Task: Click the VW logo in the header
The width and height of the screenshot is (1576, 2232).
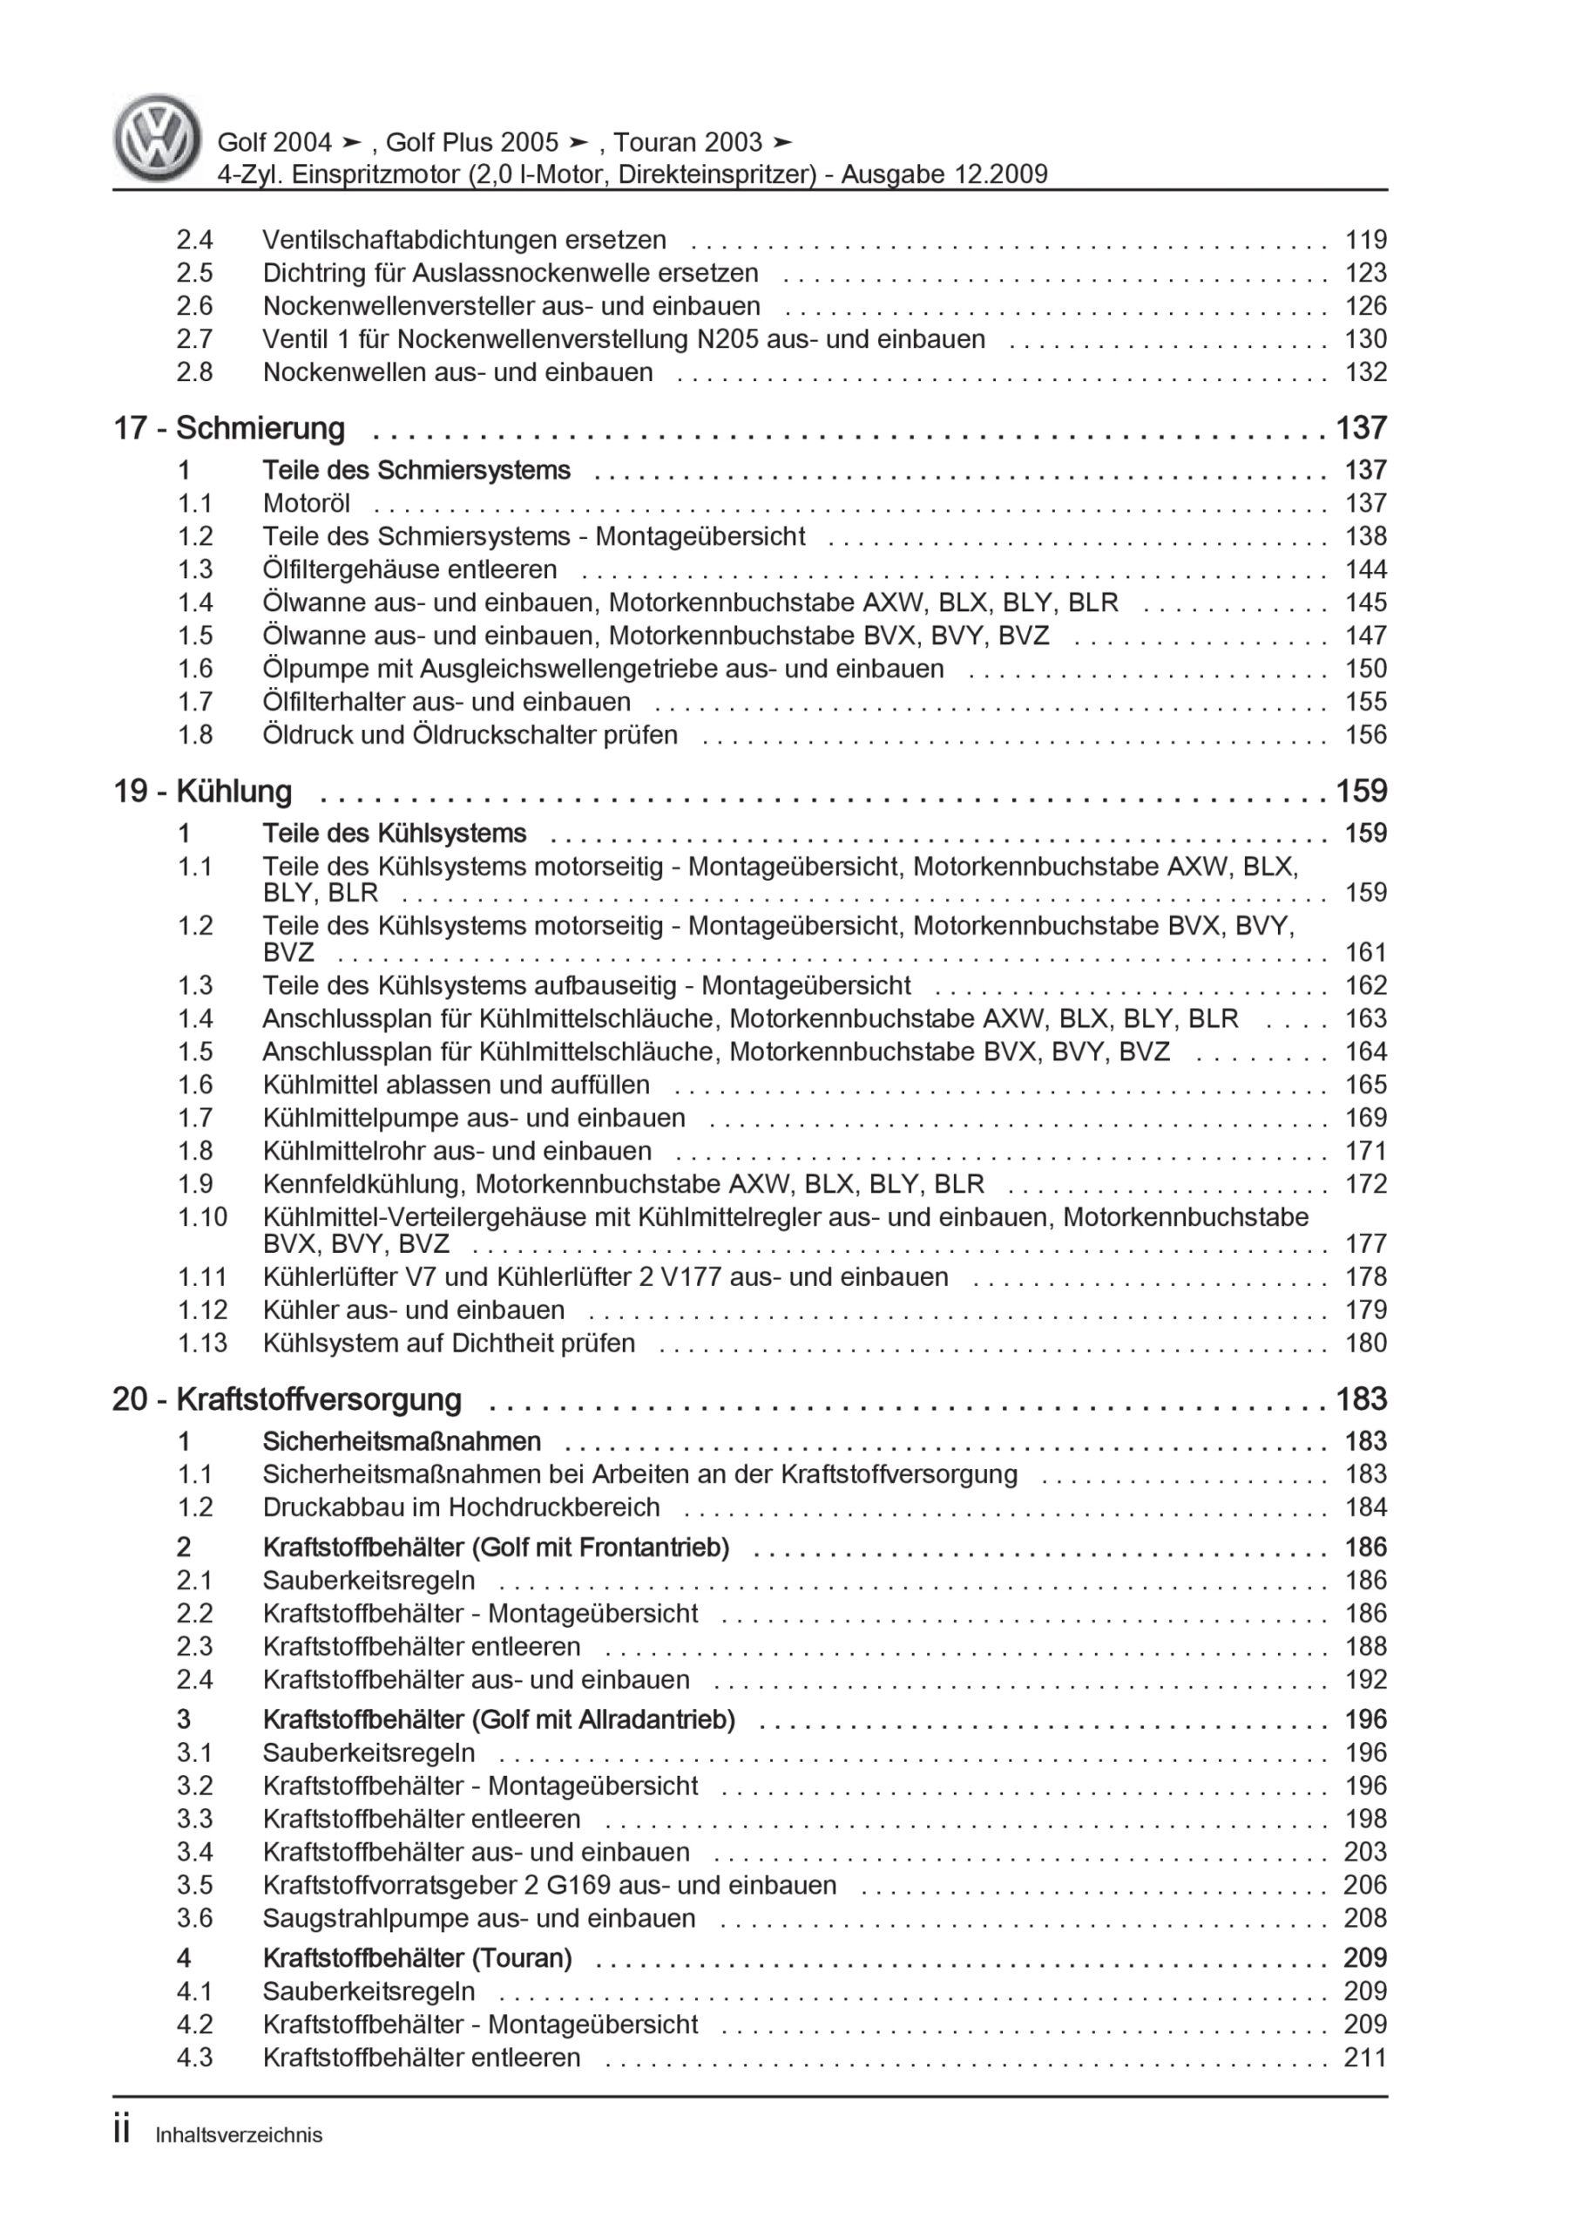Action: (158, 138)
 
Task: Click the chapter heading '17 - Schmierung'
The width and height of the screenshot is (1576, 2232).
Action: (229, 429)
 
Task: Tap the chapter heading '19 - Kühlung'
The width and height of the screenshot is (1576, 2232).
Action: (203, 792)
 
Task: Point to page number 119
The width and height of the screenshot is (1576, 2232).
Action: (1365, 240)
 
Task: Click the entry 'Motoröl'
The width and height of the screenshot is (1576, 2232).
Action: (306, 504)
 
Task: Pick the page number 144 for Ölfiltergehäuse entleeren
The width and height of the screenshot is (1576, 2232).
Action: (1365, 569)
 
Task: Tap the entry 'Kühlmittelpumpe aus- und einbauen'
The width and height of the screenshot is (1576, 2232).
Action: (473, 1118)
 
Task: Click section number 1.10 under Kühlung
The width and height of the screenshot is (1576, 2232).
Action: (201, 1217)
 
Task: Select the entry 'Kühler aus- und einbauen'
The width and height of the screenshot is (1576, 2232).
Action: (413, 1310)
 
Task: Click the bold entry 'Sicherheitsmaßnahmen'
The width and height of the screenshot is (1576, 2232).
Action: (402, 1442)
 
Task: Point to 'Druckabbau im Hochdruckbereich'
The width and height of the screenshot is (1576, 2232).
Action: (461, 1507)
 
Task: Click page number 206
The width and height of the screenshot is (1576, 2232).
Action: (1365, 1885)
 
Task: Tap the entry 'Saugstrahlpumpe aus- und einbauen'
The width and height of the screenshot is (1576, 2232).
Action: (478, 1918)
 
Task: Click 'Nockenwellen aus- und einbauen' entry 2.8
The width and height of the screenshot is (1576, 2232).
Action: (457, 372)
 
